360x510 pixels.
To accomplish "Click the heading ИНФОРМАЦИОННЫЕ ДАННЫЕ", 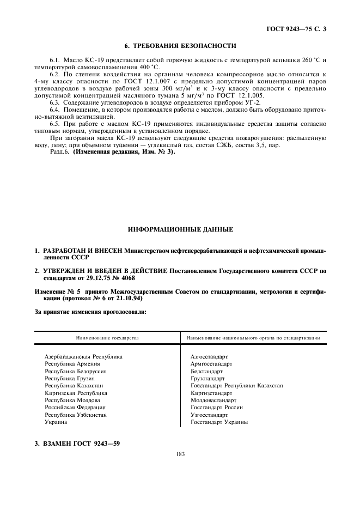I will pos(180,229).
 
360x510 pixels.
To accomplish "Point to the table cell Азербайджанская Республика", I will pos(83,356).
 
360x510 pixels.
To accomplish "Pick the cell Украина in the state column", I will pos(56,422).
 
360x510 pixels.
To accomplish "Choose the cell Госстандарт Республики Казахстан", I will pos(237,385).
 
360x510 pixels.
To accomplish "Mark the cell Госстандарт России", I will pos(217,407).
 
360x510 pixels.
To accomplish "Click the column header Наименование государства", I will pos(107,338).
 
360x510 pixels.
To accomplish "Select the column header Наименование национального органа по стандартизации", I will pos(253,338).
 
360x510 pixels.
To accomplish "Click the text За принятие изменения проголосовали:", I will pos(90,312).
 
